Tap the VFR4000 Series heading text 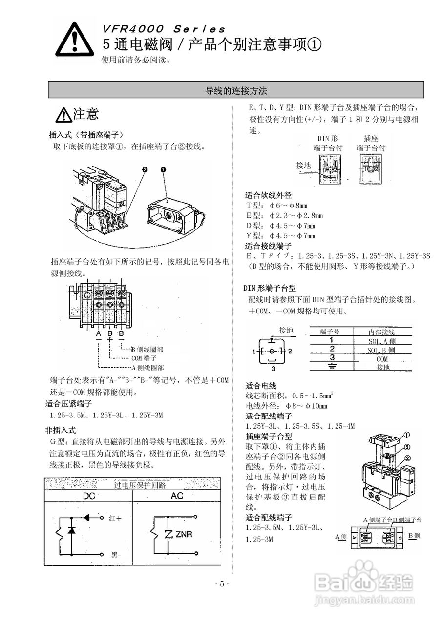pyautogui.click(x=164, y=29)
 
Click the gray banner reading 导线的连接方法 pyautogui.click(x=236, y=90)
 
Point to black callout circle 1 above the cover pyautogui.click(x=163, y=169)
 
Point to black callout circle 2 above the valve pyautogui.click(x=145, y=169)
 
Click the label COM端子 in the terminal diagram pyautogui.click(x=144, y=358)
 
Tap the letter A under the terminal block pyautogui.click(x=98, y=334)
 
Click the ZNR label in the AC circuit pyautogui.click(x=183, y=535)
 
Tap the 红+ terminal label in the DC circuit pyautogui.click(x=115, y=518)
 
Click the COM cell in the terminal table pyautogui.click(x=382, y=359)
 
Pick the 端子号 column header pyautogui.click(x=331, y=332)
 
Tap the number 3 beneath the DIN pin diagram pyautogui.click(x=274, y=369)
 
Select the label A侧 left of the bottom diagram pyautogui.click(x=341, y=537)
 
